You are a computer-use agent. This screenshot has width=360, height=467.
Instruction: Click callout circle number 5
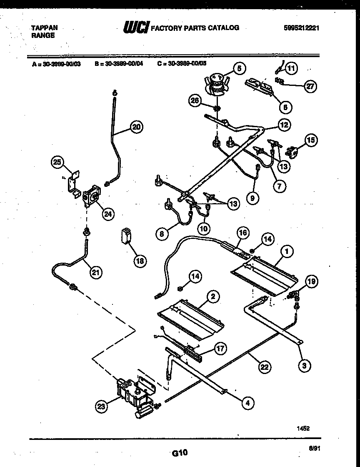pos(239,69)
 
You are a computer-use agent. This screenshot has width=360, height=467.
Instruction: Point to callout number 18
pos(140,261)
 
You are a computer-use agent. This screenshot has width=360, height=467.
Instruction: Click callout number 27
pos(309,87)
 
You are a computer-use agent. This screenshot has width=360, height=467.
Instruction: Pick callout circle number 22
pos(264,367)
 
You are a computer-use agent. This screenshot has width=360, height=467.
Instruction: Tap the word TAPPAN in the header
pos(45,28)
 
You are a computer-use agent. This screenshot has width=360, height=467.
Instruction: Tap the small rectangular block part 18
pos(125,235)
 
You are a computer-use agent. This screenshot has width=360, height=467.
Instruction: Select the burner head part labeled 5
pos(216,83)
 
